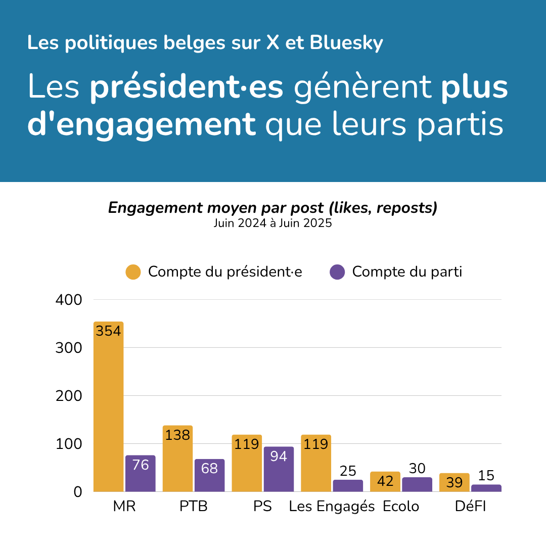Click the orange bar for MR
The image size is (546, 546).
coord(109,409)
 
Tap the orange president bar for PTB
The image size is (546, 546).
coord(177,460)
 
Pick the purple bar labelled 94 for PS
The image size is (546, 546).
coord(279,470)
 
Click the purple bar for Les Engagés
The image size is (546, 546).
coord(348,486)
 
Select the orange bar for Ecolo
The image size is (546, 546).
coord(385,482)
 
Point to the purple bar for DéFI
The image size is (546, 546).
coord(486,488)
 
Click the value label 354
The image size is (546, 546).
coord(109,331)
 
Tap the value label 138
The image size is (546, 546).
coord(177,435)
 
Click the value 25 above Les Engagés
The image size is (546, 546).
coord(348,471)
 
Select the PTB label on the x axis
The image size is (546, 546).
coord(194,507)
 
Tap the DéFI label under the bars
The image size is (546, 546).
coord(470,507)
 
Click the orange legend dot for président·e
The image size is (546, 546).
coord(133,272)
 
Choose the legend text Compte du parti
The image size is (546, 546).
coord(407,272)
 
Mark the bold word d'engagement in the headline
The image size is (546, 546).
coord(142,124)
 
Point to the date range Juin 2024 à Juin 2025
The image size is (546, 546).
coord(272,223)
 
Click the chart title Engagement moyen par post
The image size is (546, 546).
coord(272,208)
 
